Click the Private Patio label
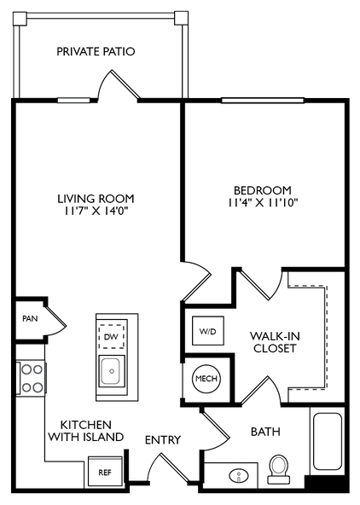[96, 51]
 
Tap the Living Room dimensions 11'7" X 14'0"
[96, 212]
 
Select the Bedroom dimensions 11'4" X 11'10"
[263, 203]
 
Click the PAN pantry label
[30, 318]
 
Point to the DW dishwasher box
[112, 337]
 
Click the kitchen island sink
[112, 371]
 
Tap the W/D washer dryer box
[207, 331]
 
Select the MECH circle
[206, 379]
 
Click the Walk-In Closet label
[275, 342]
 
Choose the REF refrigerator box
[105, 472]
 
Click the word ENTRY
[163, 440]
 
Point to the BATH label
[265, 432]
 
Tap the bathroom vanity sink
[239, 475]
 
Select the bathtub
[327, 441]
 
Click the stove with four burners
[32, 379]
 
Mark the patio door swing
[119, 85]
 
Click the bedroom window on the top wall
[263, 101]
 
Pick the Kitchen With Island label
[86, 431]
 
